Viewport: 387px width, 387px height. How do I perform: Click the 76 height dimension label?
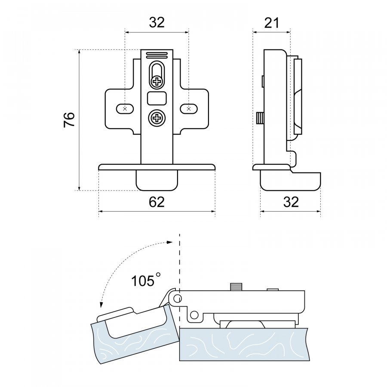point(69,120)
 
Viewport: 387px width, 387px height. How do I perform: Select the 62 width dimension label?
point(157,202)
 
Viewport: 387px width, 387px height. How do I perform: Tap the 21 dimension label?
point(272,23)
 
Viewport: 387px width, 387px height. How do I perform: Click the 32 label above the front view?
point(157,22)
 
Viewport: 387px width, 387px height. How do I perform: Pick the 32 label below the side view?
point(291,202)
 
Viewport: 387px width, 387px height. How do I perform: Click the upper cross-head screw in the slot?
point(157,81)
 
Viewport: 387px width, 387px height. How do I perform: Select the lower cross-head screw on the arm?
point(157,118)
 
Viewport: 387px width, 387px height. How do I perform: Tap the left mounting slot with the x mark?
point(125,109)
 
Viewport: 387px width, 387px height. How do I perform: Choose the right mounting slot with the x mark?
point(189,109)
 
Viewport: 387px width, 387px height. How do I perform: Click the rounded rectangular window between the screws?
point(157,98)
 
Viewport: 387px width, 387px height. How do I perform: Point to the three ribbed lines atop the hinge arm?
point(157,55)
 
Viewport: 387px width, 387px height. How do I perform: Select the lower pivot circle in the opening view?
point(194,315)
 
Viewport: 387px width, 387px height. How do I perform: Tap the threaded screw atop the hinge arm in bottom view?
point(236,287)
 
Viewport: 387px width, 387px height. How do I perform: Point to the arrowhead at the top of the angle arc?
point(170,243)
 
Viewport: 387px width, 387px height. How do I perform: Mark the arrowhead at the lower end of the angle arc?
point(101,305)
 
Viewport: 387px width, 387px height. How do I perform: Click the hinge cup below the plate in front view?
point(157,181)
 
